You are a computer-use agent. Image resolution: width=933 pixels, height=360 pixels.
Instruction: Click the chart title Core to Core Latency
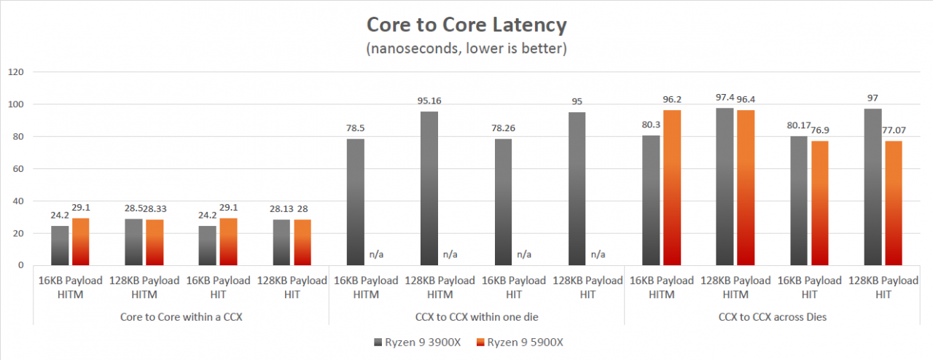[x=466, y=25]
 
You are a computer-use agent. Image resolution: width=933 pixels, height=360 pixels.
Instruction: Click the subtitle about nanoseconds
[x=466, y=48]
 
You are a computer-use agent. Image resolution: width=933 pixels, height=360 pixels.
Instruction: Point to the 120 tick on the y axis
[x=16, y=72]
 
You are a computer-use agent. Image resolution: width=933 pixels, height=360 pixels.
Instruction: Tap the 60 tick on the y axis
[x=18, y=169]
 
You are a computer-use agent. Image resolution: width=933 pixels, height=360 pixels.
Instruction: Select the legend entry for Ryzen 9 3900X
[x=418, y=343]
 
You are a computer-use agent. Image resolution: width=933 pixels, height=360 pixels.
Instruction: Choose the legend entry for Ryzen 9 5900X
[x=520, y=343]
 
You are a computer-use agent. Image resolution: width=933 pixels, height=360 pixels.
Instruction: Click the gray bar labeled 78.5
[x=355, y=202]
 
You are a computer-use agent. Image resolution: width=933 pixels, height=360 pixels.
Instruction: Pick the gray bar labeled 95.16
[x=429, y=188]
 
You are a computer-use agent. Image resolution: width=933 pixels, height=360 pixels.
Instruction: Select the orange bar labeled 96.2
[x=672, y=187]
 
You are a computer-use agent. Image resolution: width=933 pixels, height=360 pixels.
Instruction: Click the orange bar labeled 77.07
[x=894, y=203]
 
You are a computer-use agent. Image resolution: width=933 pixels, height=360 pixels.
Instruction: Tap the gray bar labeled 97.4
[x=725, y=187]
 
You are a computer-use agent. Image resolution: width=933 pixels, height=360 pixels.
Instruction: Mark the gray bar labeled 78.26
[x=503, y=202]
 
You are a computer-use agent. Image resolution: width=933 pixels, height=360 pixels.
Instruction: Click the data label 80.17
[x=798, y=125]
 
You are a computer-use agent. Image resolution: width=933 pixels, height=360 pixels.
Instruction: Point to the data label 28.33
[x=155, y=208]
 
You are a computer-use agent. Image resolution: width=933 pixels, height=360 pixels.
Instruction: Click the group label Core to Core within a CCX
[x=181, y=317]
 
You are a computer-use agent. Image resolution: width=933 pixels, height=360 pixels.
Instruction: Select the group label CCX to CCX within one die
[x=477, y=317]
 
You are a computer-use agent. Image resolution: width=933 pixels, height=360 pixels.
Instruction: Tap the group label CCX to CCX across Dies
[x=772, y=317]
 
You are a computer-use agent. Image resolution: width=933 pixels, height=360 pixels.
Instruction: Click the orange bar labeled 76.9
[x=820, y=203]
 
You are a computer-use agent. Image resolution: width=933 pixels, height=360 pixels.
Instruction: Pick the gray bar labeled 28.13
[x=281, y=243]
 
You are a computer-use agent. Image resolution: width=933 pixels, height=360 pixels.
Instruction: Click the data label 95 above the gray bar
[x=577, y=102]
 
